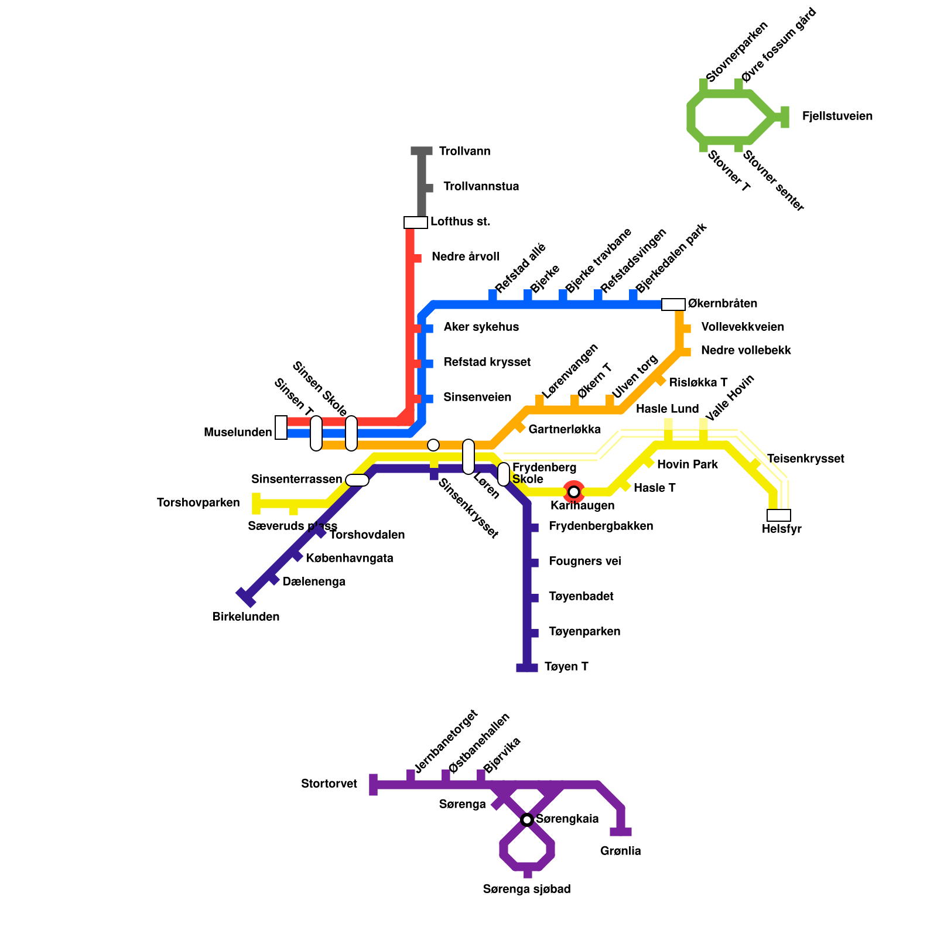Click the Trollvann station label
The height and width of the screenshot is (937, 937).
pos(464,152)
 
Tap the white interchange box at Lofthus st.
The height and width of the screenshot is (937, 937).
pos(416,223)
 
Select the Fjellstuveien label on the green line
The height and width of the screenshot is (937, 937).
pos(837,117)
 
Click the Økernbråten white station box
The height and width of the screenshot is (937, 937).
pos(673,305)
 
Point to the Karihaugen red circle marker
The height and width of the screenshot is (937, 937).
pos(574,491)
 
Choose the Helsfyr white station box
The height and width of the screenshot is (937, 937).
pos(778,515)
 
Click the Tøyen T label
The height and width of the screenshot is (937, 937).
pos(566,667)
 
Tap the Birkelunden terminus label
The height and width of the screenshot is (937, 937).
pos(246,617)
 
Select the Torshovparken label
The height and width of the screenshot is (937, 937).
pos(199,503)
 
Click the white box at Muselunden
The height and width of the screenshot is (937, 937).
pos(281,428)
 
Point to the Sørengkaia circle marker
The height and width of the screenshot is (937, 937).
pos(527,819)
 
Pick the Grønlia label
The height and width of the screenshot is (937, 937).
pos(620,851)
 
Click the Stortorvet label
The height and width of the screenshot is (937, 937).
pos(329,784)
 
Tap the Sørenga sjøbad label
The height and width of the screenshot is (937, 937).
pos(526,889)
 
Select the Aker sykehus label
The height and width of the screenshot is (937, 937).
pos(481,327)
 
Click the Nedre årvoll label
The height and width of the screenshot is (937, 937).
pos(465,257)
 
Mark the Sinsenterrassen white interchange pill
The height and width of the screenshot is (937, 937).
pos(357,480)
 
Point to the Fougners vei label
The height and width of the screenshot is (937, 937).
pos(584,562)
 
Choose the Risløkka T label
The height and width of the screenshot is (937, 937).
pos(698,382)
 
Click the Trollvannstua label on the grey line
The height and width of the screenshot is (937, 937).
pos(481,187)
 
